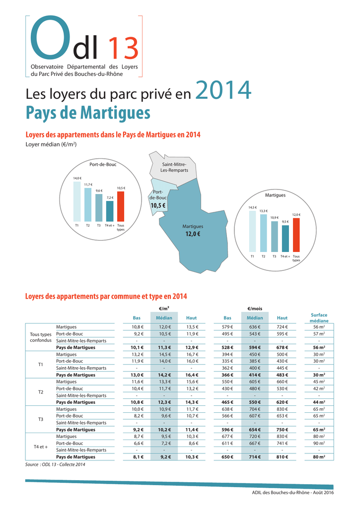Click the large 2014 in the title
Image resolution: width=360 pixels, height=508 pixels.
pos(223,91)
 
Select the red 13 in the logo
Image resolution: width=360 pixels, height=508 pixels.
pos(124,50)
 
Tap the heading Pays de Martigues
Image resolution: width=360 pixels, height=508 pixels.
pos(87,113)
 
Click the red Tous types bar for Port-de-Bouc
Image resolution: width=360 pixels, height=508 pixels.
pos(121,206)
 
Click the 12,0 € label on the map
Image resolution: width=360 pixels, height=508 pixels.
pos(192,234)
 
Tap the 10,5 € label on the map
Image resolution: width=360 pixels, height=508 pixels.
pos(158,205)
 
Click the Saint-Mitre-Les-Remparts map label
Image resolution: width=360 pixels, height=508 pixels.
pos(174,167)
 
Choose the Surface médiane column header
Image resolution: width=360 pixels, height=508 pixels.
pos(319,318)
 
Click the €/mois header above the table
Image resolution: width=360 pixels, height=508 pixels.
pos(255,309)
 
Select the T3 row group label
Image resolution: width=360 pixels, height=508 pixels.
pos(41,419)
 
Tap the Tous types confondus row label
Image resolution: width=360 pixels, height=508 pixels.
pos(41,337)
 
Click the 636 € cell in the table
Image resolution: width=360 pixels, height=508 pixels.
pos(255,327)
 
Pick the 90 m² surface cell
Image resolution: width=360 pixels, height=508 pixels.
pos(319,443)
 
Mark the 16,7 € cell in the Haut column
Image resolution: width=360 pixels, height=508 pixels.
pos(192,355)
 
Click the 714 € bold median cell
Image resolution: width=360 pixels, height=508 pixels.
pos(255,457)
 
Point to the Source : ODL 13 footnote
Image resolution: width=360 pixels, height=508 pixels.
pos(55,464)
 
